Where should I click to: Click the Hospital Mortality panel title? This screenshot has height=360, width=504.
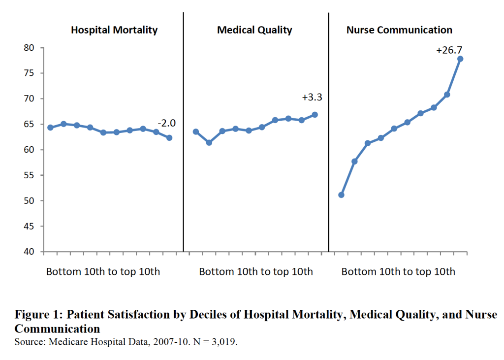point(114,30)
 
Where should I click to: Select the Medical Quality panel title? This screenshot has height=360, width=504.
point(254,30)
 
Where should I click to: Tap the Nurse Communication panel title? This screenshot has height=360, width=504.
point(399,30)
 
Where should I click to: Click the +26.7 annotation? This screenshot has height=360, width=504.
point(449,50)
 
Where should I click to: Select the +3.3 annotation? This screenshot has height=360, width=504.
point(311,98)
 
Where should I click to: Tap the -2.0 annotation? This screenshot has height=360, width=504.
point(166,123)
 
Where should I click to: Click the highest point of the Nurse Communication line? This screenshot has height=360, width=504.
point(460,59)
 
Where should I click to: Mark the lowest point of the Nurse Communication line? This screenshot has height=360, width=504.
point(341,195)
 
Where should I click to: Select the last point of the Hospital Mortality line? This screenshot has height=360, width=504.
point(169,138)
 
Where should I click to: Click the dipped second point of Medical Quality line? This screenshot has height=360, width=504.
point(209,142)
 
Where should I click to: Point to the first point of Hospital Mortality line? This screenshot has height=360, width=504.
point(50,128)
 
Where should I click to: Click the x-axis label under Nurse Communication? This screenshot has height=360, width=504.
point(398,272)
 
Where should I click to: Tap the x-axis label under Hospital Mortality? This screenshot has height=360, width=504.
point(103,272)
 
